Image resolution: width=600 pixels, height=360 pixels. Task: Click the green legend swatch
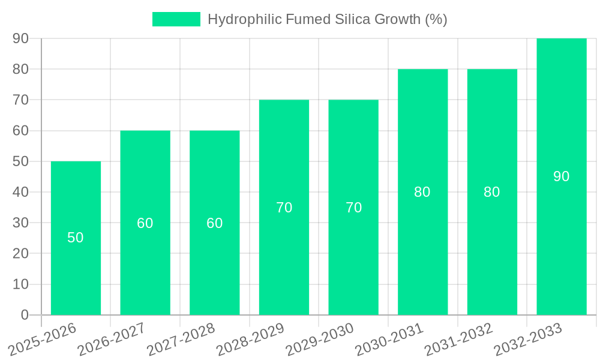coord(176,19)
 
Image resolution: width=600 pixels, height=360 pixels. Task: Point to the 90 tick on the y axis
coord(21,38)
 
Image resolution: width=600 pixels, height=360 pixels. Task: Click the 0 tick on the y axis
coord(25,315)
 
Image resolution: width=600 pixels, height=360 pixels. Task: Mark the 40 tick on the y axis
coord(21,192)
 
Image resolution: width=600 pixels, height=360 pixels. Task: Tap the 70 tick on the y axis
coord(21,100)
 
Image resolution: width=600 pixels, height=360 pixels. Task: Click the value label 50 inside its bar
coord(76,238)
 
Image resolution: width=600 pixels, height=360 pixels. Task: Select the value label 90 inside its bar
coord(561,176)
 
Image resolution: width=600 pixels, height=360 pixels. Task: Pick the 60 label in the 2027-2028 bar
coord(215,223)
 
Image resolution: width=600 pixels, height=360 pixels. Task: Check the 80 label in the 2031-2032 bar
coord(492,192)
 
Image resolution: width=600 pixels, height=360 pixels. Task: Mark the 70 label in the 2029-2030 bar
coord(353,208)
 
